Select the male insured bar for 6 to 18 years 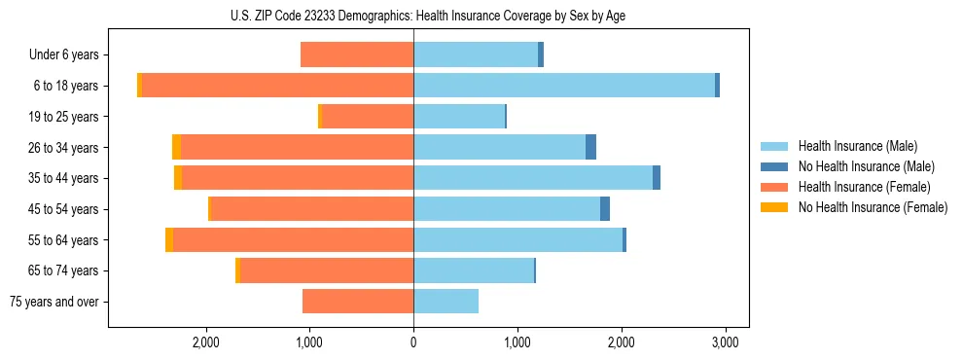(x=564, y=86)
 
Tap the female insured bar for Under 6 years (x=357, y=54)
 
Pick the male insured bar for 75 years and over (x=446, y=302)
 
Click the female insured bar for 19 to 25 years (x=367, y=117)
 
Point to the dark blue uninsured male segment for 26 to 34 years (x=590, y=147)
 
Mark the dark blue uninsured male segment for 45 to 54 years (x=605, y=209)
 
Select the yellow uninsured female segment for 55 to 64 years (x=169, y=239)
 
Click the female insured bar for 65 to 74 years (x=327, y=270)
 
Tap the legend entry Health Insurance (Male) (x=857, y=146)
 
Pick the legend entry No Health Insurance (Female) (x=873, y=207)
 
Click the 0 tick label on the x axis (x=413, y=342)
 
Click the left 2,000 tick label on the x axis (x=205, y=342)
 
